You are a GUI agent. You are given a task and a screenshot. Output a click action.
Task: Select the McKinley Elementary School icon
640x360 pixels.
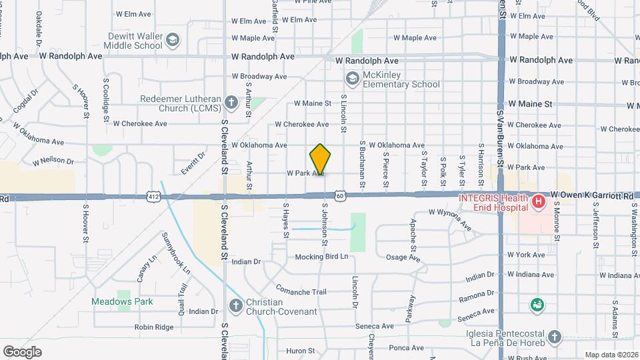tap(351, 79)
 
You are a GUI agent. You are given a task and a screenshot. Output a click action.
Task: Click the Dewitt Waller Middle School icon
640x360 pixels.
tap(173, 40)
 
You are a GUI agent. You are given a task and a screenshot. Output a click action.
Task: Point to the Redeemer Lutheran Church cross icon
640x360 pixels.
tap(231, 103)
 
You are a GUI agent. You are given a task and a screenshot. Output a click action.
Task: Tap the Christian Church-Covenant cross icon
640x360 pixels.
tap(235, 306)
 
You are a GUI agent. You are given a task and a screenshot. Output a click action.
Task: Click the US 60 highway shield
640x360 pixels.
tap(340, 196)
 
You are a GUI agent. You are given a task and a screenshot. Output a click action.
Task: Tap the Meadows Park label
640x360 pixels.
tap(122, 301)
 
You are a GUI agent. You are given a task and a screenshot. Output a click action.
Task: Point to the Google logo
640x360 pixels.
tap(22, 351)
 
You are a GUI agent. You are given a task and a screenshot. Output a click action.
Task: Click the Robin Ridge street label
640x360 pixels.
tap(154, 327)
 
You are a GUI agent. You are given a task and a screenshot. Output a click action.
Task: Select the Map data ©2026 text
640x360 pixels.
tap(610, 355)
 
